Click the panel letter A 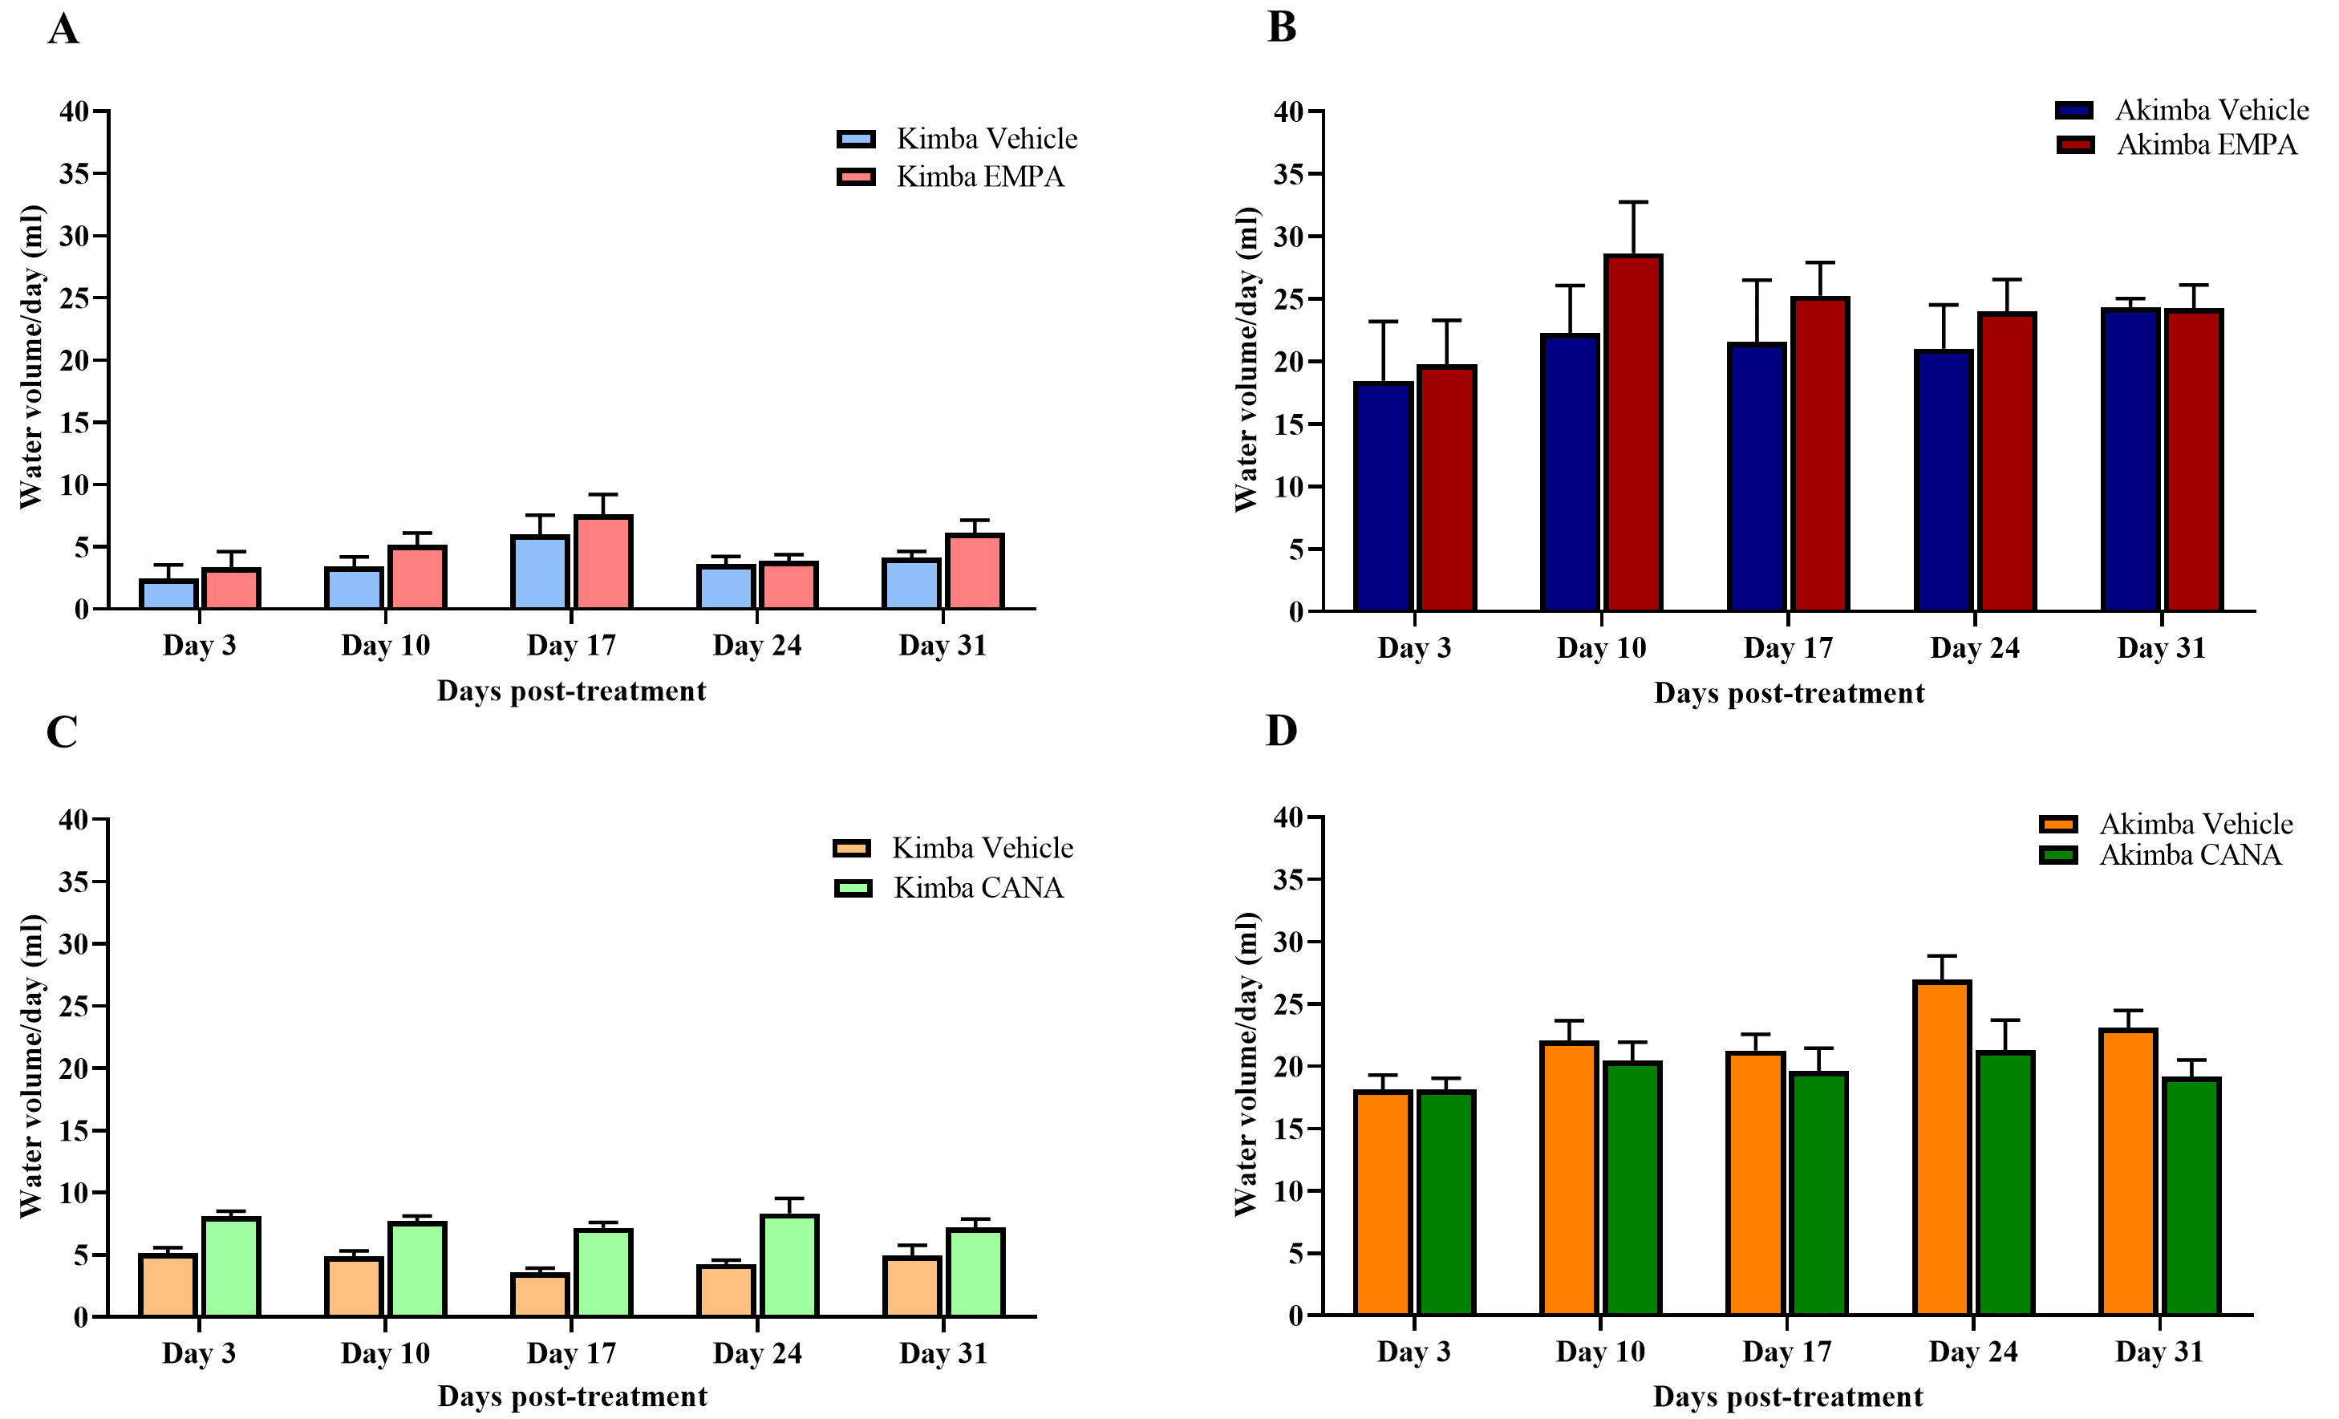point(63,30)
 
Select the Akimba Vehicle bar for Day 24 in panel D point(1942,1149)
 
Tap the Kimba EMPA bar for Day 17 point(602,563)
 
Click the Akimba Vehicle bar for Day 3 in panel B point(1383,497)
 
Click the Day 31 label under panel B point(2161,648)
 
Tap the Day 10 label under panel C point(385,1353)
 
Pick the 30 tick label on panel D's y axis point(1288,942)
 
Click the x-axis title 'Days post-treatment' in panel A point(571,691)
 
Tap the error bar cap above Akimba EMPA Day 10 point(1633,202)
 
